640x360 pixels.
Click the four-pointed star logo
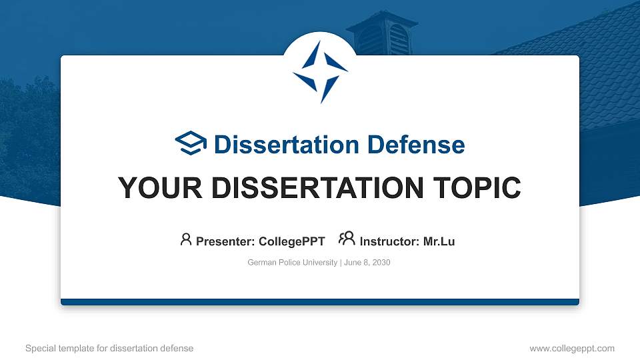[320, 71]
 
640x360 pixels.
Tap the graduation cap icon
[191, 143]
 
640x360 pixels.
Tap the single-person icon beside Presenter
[186, 239]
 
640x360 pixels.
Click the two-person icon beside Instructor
[347, 239]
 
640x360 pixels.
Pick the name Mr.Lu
[439, 241]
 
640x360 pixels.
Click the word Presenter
[223, 241]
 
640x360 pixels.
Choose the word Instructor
[389, 241]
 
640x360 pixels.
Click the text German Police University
[292, 263]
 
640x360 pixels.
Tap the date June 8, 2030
[367, 263]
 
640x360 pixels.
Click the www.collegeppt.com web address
[572, 348]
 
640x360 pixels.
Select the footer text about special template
[109, 348]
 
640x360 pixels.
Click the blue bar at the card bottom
[320, 302]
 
